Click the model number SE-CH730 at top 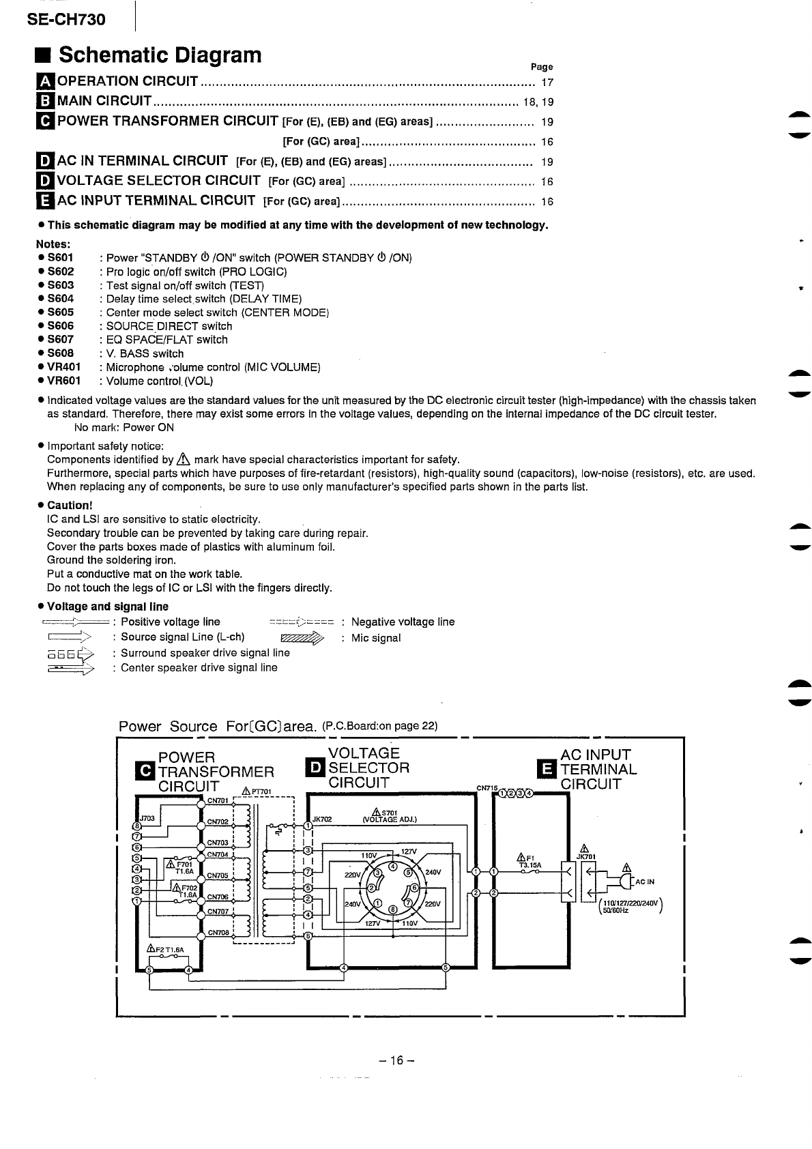[66, 19]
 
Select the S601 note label [60, 258]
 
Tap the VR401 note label [63, 367]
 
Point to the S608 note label [60, 353]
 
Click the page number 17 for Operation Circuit [547, 83]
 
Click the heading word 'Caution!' [69, 506]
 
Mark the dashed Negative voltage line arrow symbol [301, 622]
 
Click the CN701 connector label [218, 800]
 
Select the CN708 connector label [218, 933]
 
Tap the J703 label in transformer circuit [147, 818]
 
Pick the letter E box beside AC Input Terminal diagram [547, 769]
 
